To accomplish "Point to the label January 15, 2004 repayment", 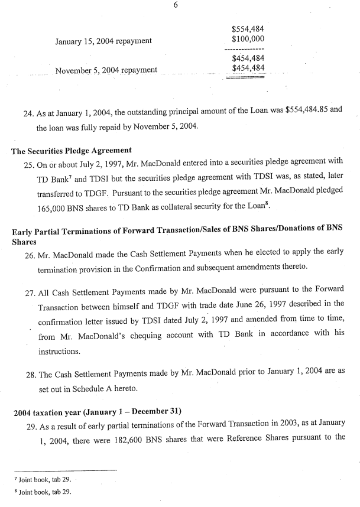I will pos(103,41).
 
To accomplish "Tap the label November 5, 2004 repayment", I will pos(106,71).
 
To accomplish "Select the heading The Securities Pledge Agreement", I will pos(71,151).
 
